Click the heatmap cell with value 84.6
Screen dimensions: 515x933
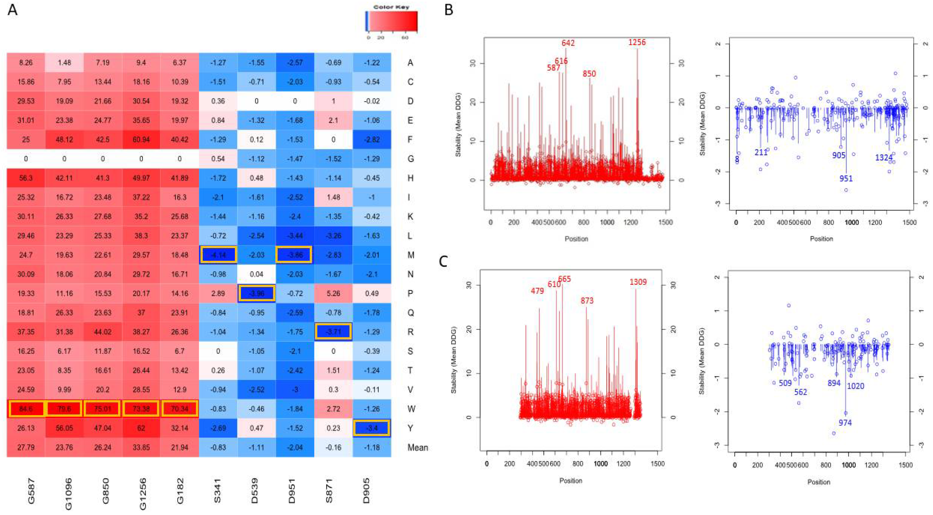click(26, 409)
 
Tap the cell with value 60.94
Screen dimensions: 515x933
click(141, 139)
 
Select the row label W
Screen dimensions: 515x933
click(411, 409)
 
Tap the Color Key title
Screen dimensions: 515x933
click(391, 7)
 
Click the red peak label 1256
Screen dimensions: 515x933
click(637, 43)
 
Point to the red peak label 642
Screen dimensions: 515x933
click(568, 43)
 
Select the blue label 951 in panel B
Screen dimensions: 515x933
click(846, 178)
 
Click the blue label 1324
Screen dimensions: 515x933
click(884, 158)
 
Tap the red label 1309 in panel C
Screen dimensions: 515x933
click(638, 282)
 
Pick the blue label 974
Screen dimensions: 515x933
click(845, 423)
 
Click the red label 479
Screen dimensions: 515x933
click(537, 291)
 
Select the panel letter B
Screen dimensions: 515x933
click(449, 10)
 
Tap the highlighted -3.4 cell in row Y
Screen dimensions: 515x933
click(372, 428)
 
